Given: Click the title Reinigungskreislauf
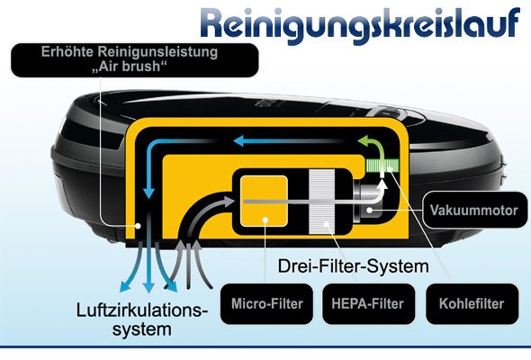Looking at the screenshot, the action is (360, 24).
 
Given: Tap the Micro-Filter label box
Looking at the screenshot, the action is (267, 304).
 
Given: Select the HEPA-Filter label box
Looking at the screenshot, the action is (368, 304).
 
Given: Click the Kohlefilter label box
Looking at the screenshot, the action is (472, 304).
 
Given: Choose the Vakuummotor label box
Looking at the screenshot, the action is (474, 210).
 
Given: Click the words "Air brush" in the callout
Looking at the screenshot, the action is (130, 67).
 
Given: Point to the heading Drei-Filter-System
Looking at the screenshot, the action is (353, 266).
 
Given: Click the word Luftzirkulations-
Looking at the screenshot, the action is (142, 310).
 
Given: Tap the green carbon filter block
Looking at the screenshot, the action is (382, 166).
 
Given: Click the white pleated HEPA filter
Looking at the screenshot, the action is (321, 202).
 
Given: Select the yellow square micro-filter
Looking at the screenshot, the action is (264, 202).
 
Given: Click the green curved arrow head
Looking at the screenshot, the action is (365, 140).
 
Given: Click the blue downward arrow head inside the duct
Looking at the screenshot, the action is (148, 193).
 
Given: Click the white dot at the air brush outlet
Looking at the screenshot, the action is (138, 226).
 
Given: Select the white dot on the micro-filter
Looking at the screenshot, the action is (265, 220).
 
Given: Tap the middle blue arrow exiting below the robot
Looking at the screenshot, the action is (148, 267).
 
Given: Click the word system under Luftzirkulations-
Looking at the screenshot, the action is (142, 329).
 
